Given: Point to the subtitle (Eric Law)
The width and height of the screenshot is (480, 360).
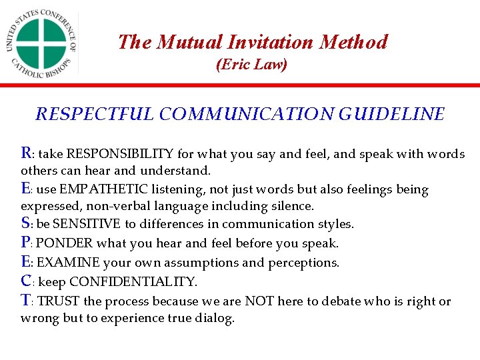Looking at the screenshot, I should (x=251, y=65).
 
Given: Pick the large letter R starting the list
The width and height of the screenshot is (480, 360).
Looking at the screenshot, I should (x=27, y=153).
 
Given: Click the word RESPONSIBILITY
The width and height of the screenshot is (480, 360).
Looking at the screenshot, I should (x=121, y=154).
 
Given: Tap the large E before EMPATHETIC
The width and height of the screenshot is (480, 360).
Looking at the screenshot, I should (x=26, y=189).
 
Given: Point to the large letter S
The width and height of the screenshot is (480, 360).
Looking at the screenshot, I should (x=26, y=223).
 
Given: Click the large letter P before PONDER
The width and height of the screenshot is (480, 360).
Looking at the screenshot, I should (x=26, y=242).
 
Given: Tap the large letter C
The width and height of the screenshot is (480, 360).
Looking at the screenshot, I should (x=27, y=281).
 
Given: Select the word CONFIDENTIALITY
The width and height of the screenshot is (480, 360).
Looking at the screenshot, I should (x=133, y=282).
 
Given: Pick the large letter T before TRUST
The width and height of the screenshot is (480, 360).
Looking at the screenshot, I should (x=27, y=300).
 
